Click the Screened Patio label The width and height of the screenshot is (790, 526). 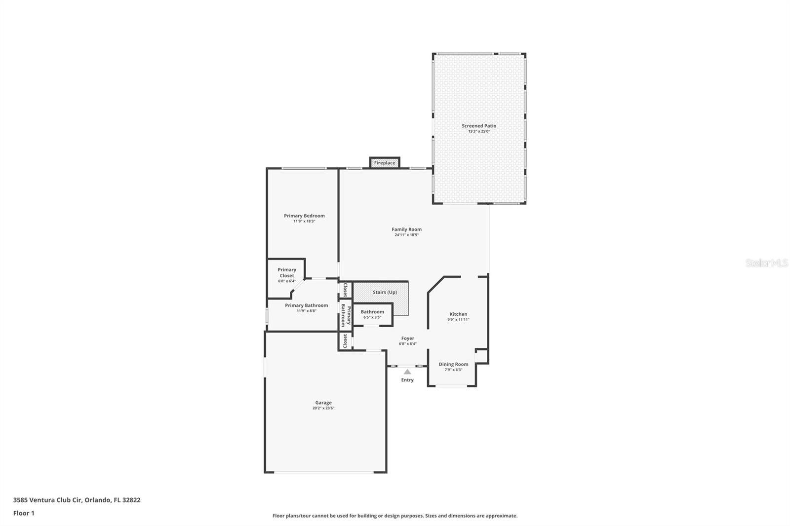(x=479, y=126)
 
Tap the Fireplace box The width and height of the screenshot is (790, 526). (x=385, y=162)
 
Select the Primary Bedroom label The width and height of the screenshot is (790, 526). (x=304, y=216)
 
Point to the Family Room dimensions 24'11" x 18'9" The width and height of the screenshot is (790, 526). (x=407, y=235)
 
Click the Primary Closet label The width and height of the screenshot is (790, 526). (x=287, y=272)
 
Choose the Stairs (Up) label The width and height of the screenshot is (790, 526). (x=385, y=292)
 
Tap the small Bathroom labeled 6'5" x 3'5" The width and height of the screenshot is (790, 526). (x=372, y=314)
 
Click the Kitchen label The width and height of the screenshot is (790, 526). (x=459, y=314)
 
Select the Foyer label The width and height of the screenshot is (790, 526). (x=408, y=338)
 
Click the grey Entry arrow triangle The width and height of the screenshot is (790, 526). (x=407, y=372)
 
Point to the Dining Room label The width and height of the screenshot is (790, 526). (x=454, y=364)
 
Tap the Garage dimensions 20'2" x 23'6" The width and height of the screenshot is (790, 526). (x=323, y=408)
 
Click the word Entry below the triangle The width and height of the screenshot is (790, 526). (x=407, y=379)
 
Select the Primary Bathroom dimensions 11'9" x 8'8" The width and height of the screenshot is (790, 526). (x=307, y=311)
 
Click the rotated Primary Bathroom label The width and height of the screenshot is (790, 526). (x=346, y=315)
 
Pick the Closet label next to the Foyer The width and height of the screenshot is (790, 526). (x=345, y=341)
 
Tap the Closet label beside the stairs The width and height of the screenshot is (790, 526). (x=345, y=290)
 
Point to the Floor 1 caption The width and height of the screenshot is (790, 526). (x=24, y=513)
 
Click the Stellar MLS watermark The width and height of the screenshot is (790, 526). (x=766, y=263)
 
